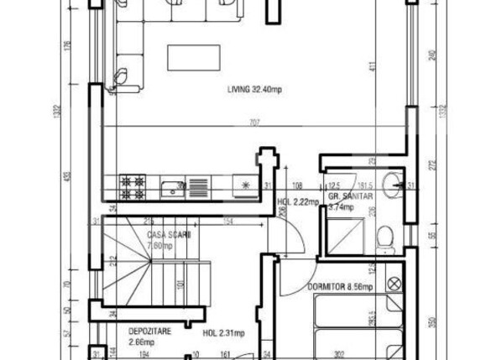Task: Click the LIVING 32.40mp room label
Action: tap(258, 89)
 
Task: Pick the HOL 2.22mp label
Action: tap(298, 201)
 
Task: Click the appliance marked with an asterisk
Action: tap(245, 185)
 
